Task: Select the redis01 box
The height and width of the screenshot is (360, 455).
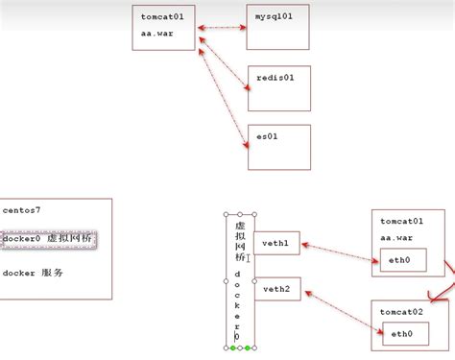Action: click(278, 89)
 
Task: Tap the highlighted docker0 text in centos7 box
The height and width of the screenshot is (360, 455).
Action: click(48, 238)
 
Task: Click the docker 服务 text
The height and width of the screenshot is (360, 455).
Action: click(33, 273)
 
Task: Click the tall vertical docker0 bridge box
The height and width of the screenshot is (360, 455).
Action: click(240, 278)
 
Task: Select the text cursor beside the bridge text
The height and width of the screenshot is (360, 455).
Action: click(249, 257)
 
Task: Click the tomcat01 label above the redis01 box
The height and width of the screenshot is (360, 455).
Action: click(164, 16)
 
